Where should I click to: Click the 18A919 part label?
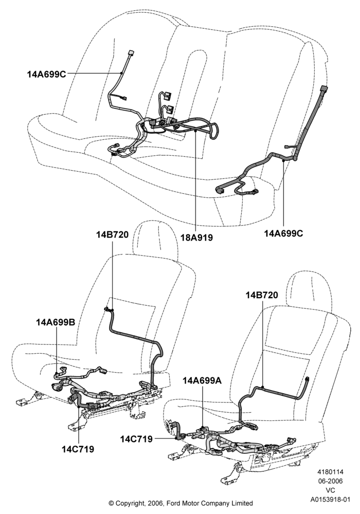click(x=197, y=237)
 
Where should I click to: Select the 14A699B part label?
click(x=56, y=322)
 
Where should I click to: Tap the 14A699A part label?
click(x=202, y=380)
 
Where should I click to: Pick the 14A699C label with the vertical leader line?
click(x=283, y=233)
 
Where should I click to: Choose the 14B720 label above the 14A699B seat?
click(x=113, y=235)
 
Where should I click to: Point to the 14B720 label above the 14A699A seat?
click(x=262, y=295)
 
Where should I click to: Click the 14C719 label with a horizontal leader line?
click(x=136, y=439)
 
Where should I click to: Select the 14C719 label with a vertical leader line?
click(x=78, y=449)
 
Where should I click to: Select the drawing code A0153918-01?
click(x=331, y=500)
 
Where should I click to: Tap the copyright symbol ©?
click(x=111, y=503)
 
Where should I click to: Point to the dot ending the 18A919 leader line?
click(x=195, y=131)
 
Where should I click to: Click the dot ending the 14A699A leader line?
click(x=203, y=427)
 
